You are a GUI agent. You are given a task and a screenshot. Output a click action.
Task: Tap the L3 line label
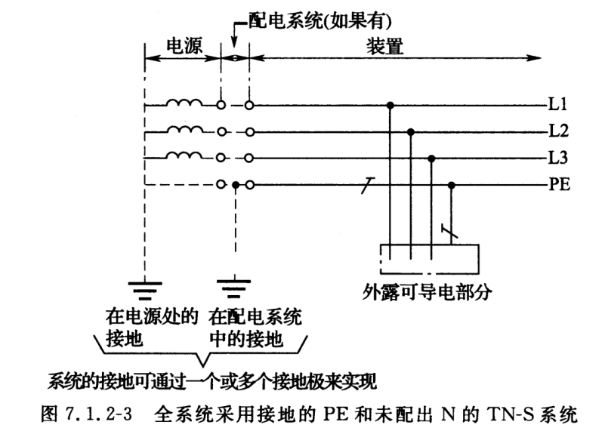pos(558,159)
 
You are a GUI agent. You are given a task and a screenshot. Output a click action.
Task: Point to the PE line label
pos(560,184)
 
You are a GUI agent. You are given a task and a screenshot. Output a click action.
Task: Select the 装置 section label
pos(385,45)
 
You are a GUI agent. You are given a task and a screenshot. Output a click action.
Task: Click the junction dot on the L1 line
pos(390,105)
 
